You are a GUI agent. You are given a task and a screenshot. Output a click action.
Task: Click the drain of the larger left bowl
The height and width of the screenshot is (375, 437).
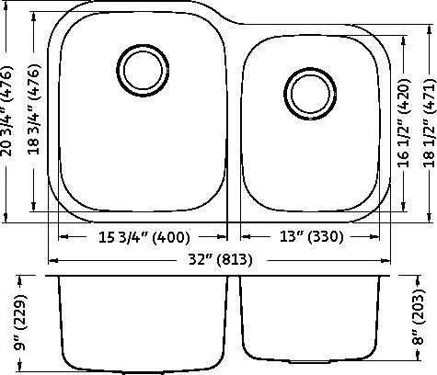click(143, 71)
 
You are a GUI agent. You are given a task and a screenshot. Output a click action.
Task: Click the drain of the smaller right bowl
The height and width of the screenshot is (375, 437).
click(310, 94)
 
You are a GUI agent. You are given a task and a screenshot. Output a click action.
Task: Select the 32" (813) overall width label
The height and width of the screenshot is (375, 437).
click(221, 260)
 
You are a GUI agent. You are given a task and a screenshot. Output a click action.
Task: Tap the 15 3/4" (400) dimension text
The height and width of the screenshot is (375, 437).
click(144, 237)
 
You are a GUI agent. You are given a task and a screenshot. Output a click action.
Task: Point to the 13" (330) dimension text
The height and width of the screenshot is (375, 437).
click(312, 236)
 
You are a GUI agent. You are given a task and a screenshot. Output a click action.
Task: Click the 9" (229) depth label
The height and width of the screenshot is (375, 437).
click(21, 322)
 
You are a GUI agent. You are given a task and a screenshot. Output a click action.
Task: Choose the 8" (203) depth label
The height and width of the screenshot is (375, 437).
click(419, 316)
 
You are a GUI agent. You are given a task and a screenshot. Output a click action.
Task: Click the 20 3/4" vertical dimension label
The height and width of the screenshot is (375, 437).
click(6, 110)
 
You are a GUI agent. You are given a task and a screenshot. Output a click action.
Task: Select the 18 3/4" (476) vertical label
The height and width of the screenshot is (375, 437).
click(34, 109)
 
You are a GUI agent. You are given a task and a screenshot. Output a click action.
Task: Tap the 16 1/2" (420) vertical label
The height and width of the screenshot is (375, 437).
click(404, 123)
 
